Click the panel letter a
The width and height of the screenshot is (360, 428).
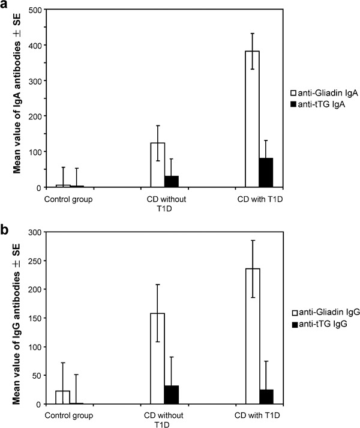pyautogui.click(x=5, y=6)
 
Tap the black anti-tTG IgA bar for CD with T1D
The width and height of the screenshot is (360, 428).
pyautogui.click(x=266, y=172)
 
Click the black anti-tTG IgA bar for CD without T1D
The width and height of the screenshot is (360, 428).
pyautogui.click(x=172, y=181)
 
